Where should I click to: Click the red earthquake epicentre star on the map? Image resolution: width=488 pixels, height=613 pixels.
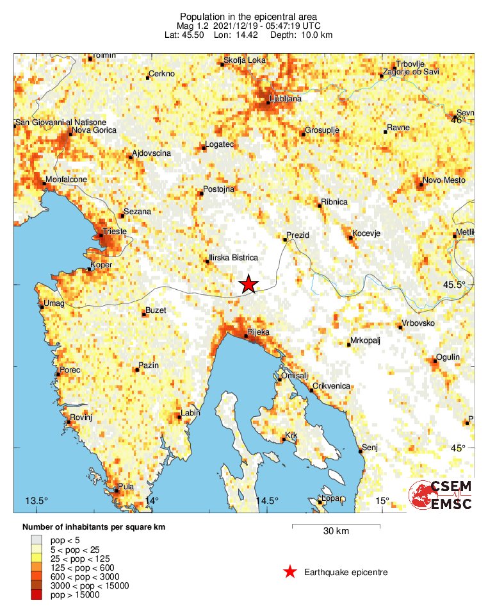pyautogui.click(x=248, y=284)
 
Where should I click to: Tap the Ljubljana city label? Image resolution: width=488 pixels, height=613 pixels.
pyautogui.click(x=286, y=99)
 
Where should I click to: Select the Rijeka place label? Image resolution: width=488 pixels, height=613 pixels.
pyautogui.click(x=258, y=333)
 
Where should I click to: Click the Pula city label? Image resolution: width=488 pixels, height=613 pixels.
pyautogui.click(x=126, y=487)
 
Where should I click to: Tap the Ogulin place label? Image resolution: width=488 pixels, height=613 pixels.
pyautogui.click(x=447, y=357)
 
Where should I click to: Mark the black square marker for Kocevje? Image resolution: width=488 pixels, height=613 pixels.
pyautogui.click(x=351, y=238)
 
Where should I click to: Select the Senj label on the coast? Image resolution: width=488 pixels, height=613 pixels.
pyautogui.click(x=370, y=447)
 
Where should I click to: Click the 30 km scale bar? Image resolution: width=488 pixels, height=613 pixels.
pyautogui.click(x=336, y=526)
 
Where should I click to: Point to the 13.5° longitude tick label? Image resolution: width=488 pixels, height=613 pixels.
pyautogui.click(x=37, y=501)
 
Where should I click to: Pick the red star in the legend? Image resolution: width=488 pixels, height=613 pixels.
pyautogui.click(x=290, y=572)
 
